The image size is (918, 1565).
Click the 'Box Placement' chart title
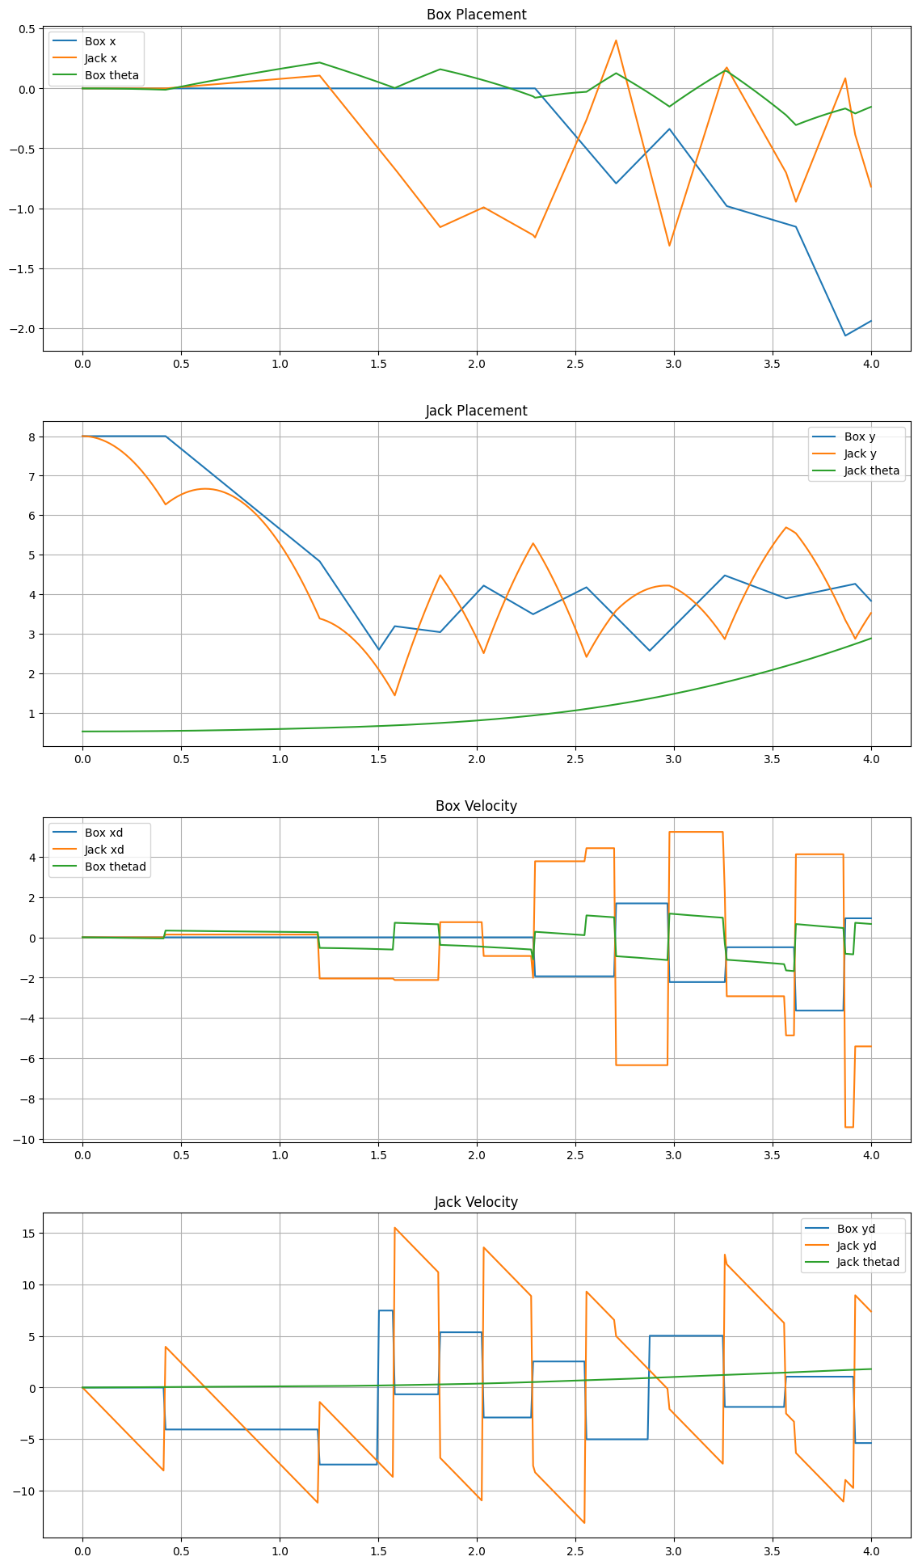point(476,15)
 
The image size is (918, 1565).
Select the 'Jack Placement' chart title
point(476,411)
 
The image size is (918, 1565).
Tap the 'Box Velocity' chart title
point(476,806)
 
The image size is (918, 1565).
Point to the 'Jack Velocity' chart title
point(476,1202)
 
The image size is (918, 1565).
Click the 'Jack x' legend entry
point(100,58)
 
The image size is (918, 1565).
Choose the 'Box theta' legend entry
point(111,76)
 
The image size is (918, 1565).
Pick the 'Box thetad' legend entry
point(115,867)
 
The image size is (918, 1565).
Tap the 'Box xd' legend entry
point(103,833)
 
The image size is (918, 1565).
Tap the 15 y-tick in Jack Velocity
point(27,1233)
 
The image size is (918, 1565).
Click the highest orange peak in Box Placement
point(616,40)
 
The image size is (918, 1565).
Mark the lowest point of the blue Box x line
point(845,335)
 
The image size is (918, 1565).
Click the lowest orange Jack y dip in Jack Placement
point(394,695)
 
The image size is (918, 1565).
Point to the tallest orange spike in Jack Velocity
point(394,1227)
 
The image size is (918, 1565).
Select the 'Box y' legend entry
point(859,437)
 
